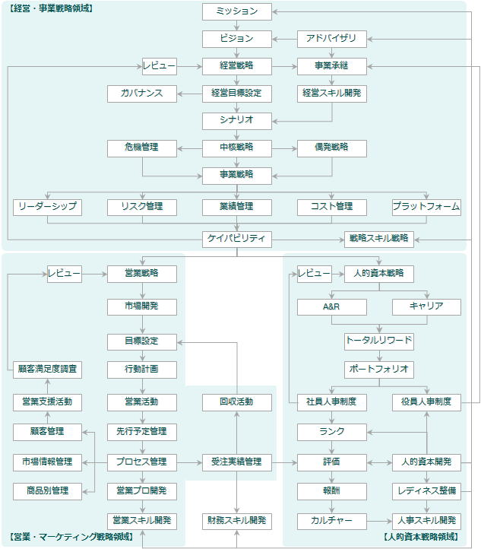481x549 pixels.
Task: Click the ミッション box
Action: tap(237, 11)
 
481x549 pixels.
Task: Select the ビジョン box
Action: tap(237, 39)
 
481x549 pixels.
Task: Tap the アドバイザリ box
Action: tap(331, 39)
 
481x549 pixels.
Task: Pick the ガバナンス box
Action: tap(142, 94)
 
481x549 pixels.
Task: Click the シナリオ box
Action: tap(237, 121)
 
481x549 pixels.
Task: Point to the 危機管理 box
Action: tap(142, 148)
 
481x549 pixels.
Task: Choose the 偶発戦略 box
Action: tap(331, 148)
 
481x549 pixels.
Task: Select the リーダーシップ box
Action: tap(48, 208)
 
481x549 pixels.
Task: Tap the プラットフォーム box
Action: tap(426, 208)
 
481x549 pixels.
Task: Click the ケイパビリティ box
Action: tap(237, 240)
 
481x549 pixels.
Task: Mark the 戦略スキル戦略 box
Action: tap(379, 240)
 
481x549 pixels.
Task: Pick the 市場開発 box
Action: tap(142, 307)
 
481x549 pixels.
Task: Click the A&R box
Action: tap(331, 307)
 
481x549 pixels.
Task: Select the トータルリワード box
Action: tap(379, 341)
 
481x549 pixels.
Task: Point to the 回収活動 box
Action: tap(237, 403)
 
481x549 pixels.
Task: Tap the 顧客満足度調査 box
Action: tap(48, 370)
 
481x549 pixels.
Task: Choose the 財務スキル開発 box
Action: tap(237, 522)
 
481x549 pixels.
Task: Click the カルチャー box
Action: tap(331, 522)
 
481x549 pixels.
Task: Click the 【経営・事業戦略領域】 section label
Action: tap(51, 8)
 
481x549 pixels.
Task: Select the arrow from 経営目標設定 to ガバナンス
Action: tap(190, 94)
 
